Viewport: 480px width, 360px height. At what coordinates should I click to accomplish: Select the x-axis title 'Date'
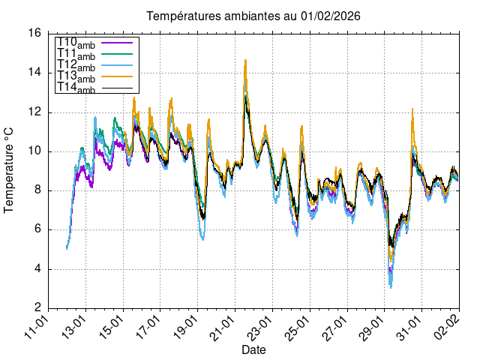tap(253, 349)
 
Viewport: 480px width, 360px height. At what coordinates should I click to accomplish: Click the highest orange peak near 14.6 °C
tap(245, 61)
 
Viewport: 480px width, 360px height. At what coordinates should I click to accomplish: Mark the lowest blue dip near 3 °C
tap(391, 286)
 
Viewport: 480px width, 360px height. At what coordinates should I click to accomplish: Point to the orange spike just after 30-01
tap(412, 109)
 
